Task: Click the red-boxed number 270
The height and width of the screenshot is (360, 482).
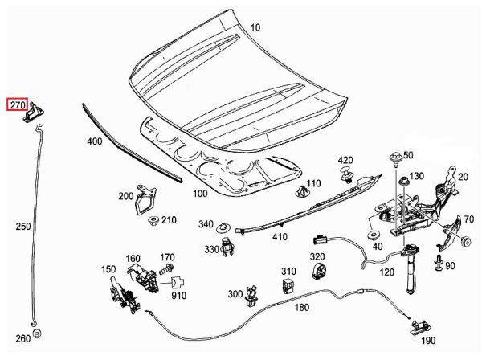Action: point(18,104)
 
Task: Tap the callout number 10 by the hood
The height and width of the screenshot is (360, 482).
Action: point(255,28)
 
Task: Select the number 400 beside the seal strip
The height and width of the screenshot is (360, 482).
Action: point(94,142)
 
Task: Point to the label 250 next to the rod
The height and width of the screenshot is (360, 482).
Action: point(23,227)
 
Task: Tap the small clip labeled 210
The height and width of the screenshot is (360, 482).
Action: point(152,219)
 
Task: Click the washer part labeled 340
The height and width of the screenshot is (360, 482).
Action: point(227,225)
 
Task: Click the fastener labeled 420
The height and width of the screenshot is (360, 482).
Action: point(346,174)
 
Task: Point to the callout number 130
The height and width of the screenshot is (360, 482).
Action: point(417,176)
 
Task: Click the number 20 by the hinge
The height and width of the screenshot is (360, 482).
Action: point(463,177)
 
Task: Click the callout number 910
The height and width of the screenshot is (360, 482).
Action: point(178,296)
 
